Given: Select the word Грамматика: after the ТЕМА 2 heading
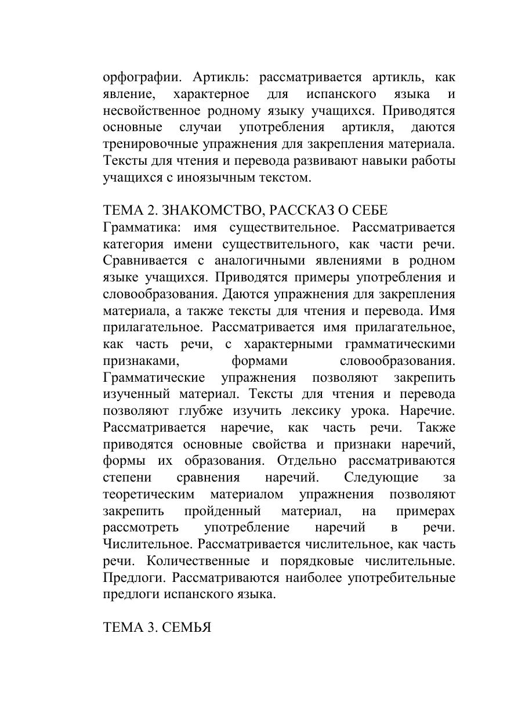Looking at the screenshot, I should (140, 227).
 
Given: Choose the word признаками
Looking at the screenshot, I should (140, 361).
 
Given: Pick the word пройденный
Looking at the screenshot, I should (222, 512).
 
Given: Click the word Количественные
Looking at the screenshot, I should (198, 562).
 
